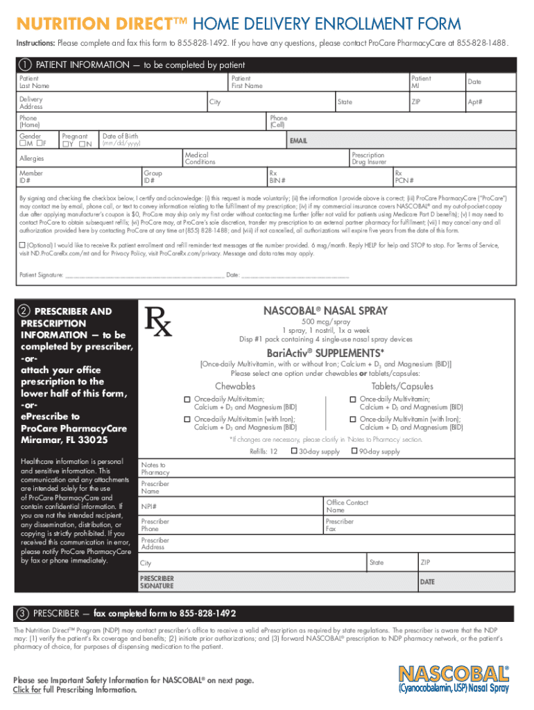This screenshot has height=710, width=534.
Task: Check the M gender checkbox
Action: [x=23, y=144]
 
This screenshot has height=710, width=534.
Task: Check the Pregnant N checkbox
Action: [x=81, y=144]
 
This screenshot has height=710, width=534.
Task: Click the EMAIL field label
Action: [x=300, y=141]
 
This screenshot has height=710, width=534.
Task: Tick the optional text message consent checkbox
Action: [x=22, y=245]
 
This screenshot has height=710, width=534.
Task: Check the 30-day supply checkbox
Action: [x=294, y=451]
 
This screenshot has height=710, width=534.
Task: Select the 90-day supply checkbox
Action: [x=354, y=451]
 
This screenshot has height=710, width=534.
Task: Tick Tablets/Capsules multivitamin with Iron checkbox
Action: [x=352, y=419]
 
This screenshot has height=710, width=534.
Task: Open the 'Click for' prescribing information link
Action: [x=27, y=690]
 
